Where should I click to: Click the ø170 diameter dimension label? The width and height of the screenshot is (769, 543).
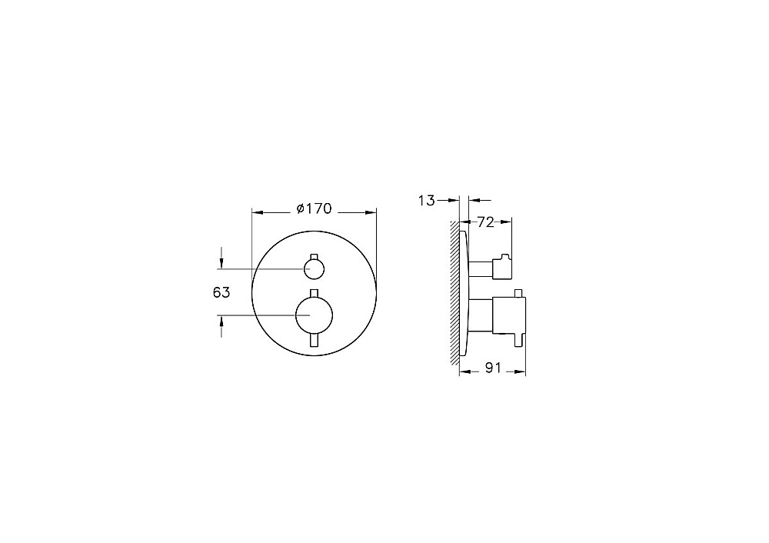[x=315, y=209]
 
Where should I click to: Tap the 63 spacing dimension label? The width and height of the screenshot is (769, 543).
[x=221, y=292]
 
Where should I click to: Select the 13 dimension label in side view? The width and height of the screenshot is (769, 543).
[x=427, y=200]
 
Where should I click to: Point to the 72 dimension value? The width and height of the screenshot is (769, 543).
[x=485, y=222]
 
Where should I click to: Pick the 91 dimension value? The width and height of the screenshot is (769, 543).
[x=493, y=368]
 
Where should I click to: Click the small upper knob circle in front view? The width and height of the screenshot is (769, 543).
[x=314, y=268]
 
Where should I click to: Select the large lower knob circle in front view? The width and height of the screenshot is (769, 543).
[x=315, y=315]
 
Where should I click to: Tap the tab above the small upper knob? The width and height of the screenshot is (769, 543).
[x=315, y=257]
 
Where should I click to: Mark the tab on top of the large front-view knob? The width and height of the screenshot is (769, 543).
[x=315, y=293]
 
